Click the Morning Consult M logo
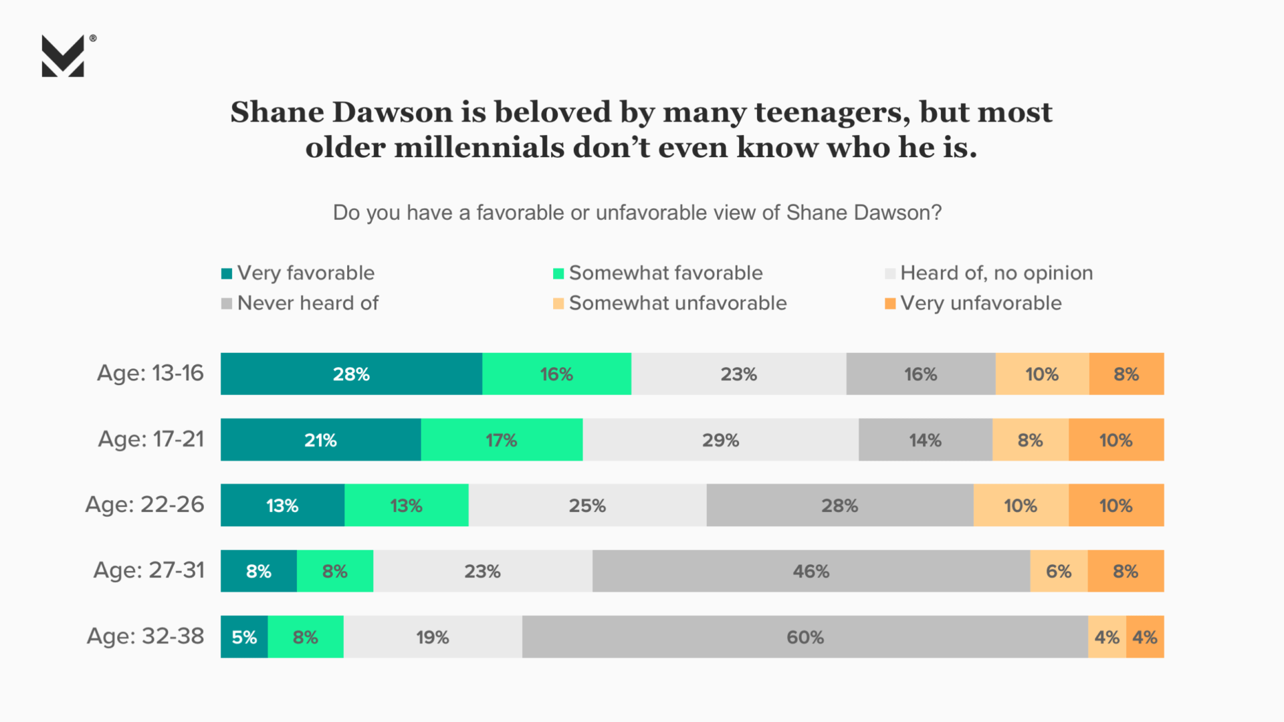[x=63, y=56]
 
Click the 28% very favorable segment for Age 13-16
[x=351, y=374]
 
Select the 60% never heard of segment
[x=805, y=637]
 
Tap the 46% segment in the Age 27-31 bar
[x=811, y=572]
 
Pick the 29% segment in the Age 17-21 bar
[x=720, y=440]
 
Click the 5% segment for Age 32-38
[x=244, y=637]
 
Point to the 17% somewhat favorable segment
[x=501, y=440]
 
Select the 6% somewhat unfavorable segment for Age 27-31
[x=1059, y=572]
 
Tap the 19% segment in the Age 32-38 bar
[x=433, y=637]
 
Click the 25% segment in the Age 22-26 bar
[x=587, y=505]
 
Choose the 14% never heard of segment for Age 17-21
[x=925, y=440]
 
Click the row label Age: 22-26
[x=145, y=504]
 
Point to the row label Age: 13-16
[x=150, y=373]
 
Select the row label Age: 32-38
[x=146, y=636]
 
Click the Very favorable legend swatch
[x=227, y=273]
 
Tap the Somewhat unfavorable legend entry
[x=677, y=304]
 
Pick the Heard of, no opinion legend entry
[x=996, y=273]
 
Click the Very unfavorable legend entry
[x=980, y=304]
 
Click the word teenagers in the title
[x=832, y=112]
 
